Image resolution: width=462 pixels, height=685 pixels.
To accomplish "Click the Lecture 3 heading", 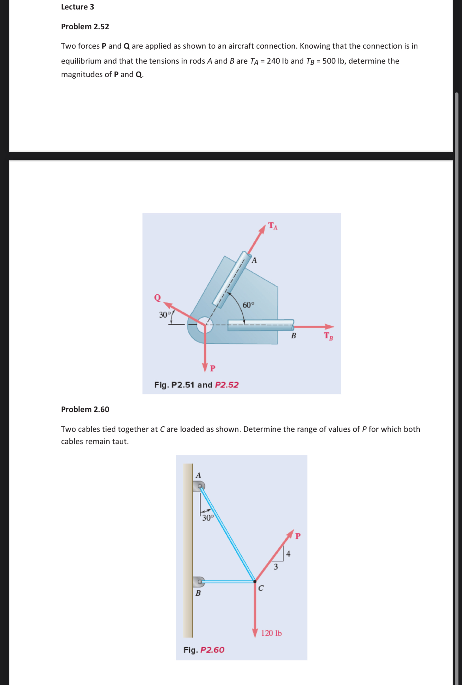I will point(77,7).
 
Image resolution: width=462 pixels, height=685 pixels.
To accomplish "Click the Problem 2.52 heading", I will point(85,26).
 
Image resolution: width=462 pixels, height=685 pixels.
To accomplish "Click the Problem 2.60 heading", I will point(85,409).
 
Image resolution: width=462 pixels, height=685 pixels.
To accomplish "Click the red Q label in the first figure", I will point(158,297).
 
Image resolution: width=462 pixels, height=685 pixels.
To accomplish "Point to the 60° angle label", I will point(248,305).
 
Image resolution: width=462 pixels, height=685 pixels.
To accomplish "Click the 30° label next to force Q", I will point(165,315).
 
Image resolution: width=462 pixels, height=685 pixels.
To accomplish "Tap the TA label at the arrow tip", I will point(273,226).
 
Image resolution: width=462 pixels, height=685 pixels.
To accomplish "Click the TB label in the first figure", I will point(328,336).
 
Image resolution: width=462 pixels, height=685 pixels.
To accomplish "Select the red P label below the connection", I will point(213,368).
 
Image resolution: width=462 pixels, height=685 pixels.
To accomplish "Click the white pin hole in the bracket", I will point(205,325).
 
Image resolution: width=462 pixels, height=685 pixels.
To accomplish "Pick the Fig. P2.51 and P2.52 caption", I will point(196,385).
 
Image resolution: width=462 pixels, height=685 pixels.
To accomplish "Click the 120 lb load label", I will point(271,633).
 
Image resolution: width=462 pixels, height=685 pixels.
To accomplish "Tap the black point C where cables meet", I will point(255,581).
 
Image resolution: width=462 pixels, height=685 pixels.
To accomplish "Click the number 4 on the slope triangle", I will point(288,554).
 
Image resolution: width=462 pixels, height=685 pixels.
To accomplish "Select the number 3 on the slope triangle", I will point(276,567).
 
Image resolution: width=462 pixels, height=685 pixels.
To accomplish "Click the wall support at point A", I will point(199,486).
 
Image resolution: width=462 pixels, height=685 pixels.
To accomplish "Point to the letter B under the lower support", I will point(198,593).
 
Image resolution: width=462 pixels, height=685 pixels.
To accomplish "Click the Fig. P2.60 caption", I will point(204,650).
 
